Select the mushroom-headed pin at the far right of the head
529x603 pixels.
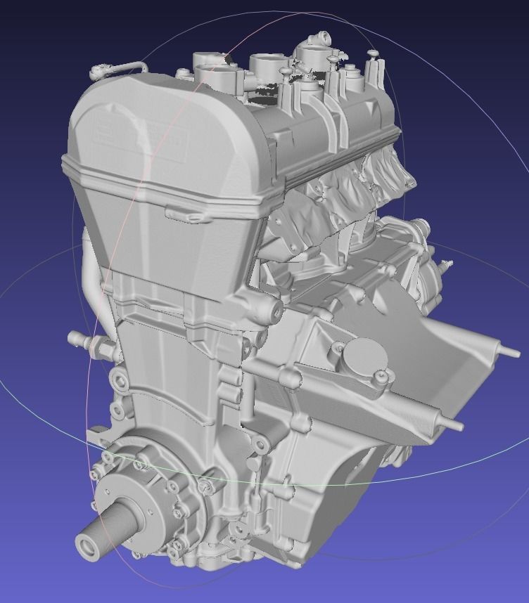tap(374, 54)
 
